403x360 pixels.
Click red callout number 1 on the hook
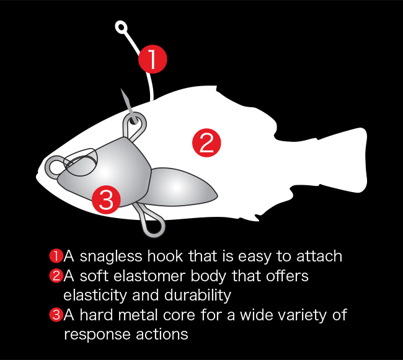[153, 59]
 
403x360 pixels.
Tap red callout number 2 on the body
[206, 143]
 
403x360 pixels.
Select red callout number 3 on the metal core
[106, 200]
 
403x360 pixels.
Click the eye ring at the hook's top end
[121, 27]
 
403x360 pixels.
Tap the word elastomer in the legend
[149, 276]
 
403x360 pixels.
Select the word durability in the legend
[198, 296]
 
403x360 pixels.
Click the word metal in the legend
[138, 315]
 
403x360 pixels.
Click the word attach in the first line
[319, 257]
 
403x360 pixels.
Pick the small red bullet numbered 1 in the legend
[56, 257]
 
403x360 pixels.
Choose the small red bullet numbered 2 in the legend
[56, 276]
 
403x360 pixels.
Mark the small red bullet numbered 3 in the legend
[56, 315]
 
